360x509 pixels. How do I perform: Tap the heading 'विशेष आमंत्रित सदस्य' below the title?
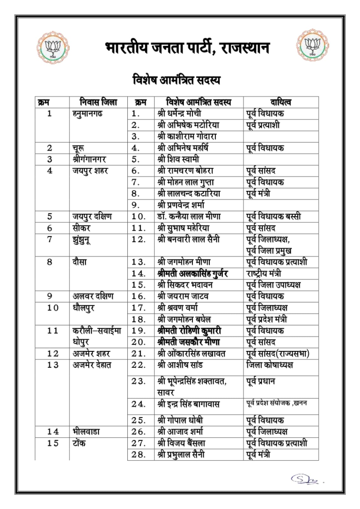pyautogui.click(x=177, y=80)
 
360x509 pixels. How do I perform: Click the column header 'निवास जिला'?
pyautogui.click(x=94, y=102)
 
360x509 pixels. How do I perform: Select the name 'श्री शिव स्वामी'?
pyautogui.click(x=179, y=159)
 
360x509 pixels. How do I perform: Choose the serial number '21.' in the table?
pyautogui.click(x=139, y=353)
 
